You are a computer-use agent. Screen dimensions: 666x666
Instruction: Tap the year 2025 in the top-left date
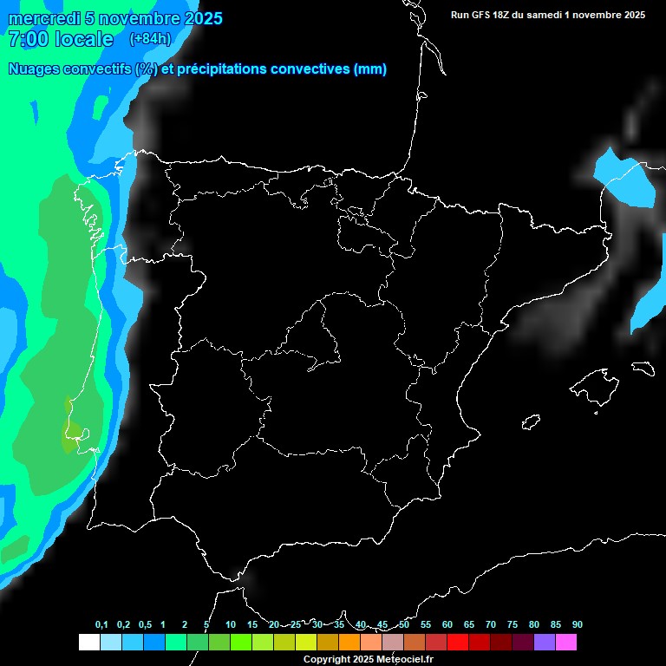[x=199, y=18]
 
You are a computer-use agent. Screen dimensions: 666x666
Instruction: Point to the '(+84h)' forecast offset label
[x=150, y=38]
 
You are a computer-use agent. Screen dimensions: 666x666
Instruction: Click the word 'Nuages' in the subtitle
[x=35, y=69]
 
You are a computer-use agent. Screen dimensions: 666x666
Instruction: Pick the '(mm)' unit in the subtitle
[x=370, y=69]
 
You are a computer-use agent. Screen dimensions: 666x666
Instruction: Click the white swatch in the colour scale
[x=88, y=643]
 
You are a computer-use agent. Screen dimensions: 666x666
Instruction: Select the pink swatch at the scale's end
[x=565, y=643]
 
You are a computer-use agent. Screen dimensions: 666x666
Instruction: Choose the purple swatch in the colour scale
[x=544, y=643]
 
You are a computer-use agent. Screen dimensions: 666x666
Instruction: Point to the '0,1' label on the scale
[x=101, y=625]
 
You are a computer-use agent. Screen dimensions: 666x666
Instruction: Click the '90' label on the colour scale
[x=578, y=625]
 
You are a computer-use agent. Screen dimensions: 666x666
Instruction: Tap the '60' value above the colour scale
[x=447, y=625]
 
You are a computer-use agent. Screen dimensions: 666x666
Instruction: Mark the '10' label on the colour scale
[x=231, y=625]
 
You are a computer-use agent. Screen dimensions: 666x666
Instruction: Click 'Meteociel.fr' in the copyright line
[x=402, y=659]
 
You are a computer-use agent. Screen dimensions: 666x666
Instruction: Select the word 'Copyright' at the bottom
[x=326, y=659]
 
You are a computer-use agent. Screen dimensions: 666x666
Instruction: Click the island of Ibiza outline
[x=532, y=421]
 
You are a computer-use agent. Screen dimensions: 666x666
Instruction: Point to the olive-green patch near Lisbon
[x=72, y=434]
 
